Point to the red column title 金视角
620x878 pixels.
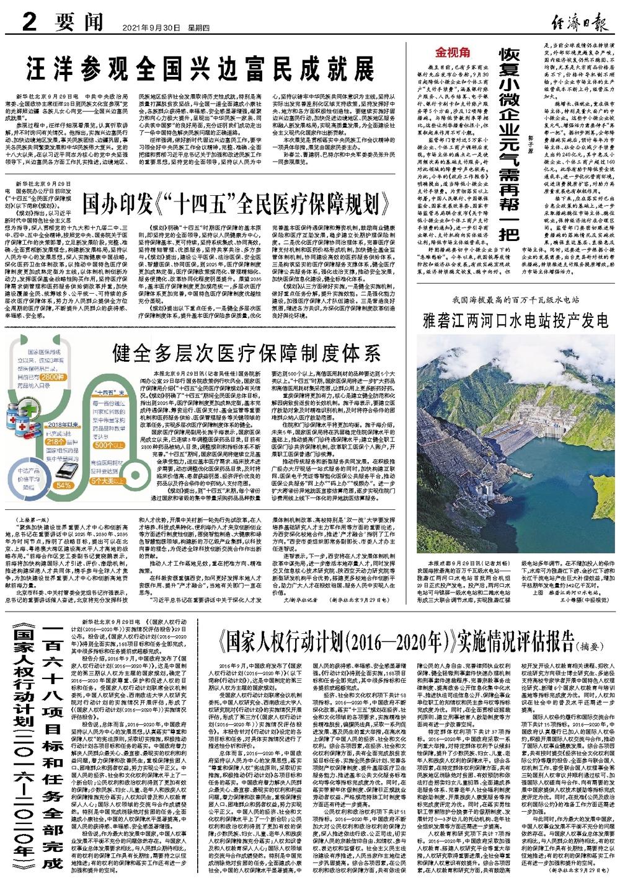coord(454,51)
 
